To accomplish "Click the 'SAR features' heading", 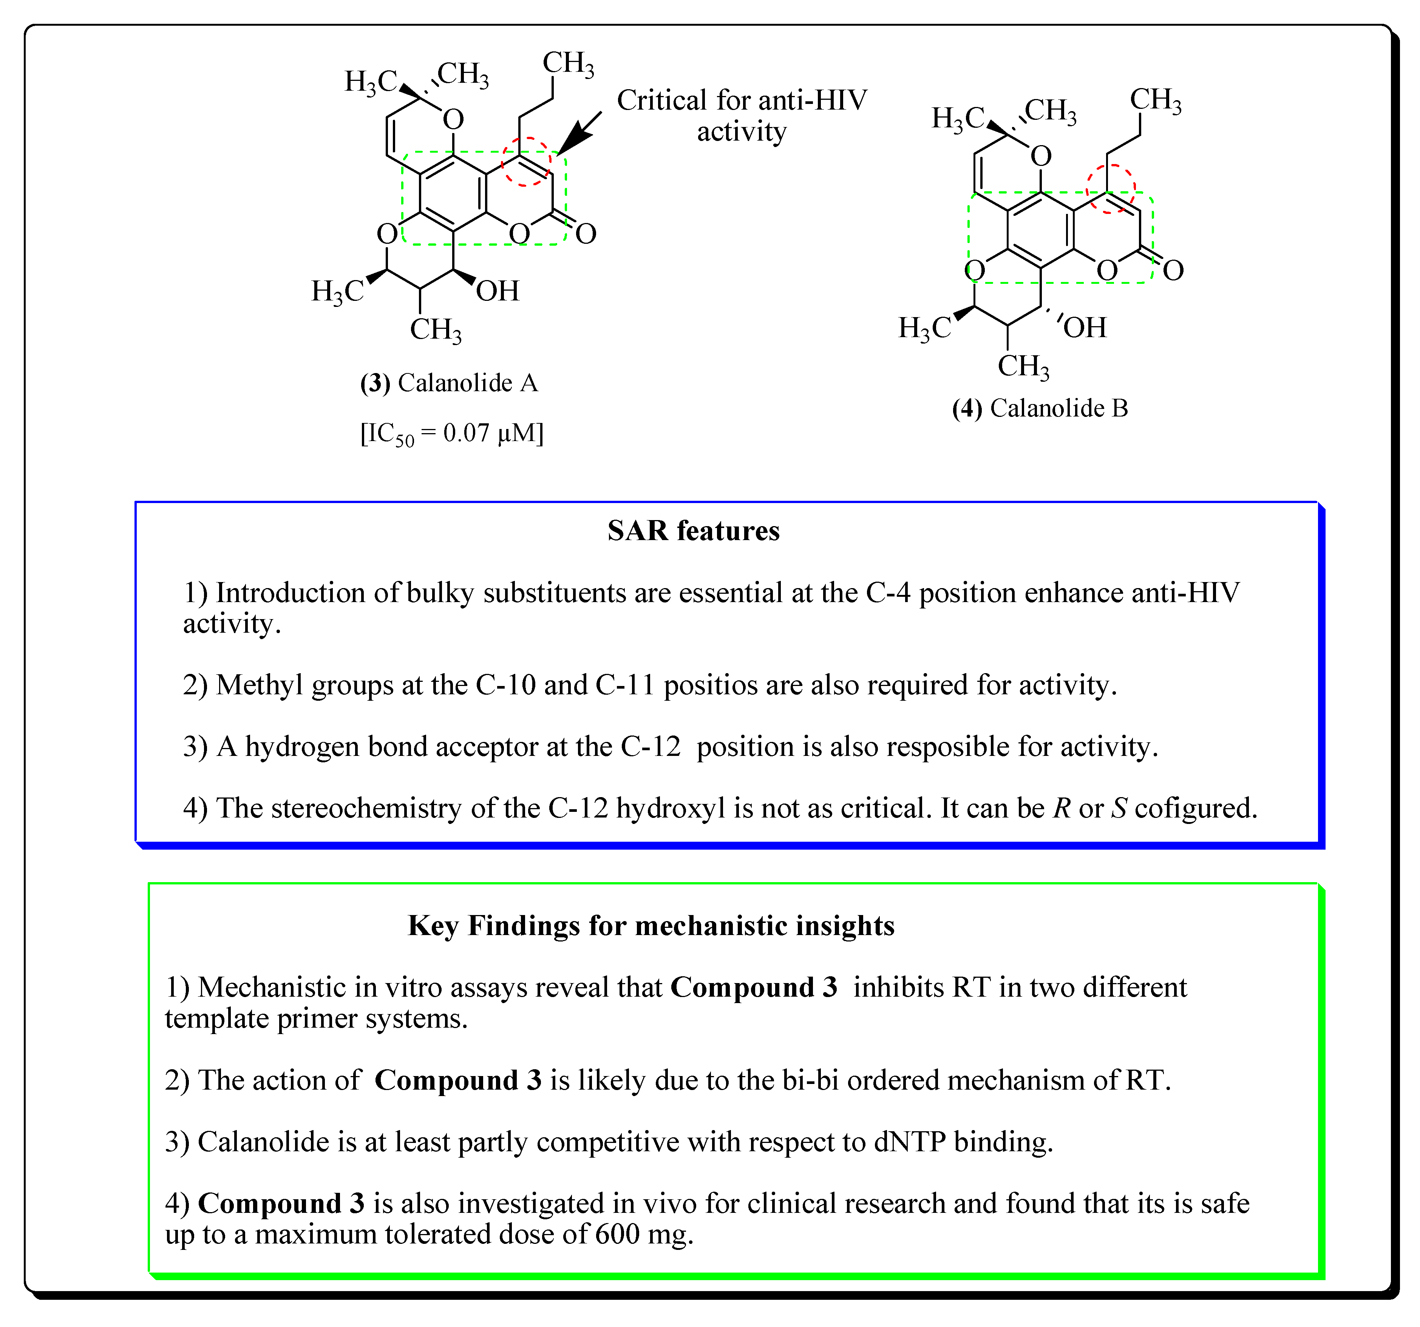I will (693, 531).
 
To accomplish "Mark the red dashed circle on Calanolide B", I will (1110, 189).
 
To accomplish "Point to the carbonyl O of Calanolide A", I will (586, 234).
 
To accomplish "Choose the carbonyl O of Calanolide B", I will (1173, 270).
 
